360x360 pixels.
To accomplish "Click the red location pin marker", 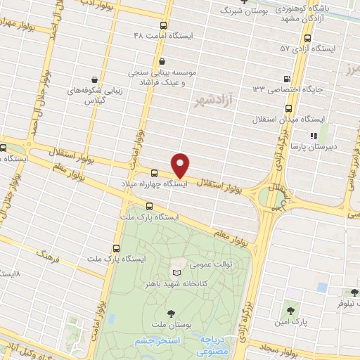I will point(181,165).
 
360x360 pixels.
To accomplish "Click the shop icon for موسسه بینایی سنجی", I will point(163,61).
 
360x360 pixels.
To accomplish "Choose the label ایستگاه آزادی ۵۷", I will point(307,49).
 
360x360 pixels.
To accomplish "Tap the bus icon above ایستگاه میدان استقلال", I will point(290,108).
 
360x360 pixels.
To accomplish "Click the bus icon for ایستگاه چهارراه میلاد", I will point(154,172).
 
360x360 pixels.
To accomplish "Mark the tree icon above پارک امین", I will point(288,309).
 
